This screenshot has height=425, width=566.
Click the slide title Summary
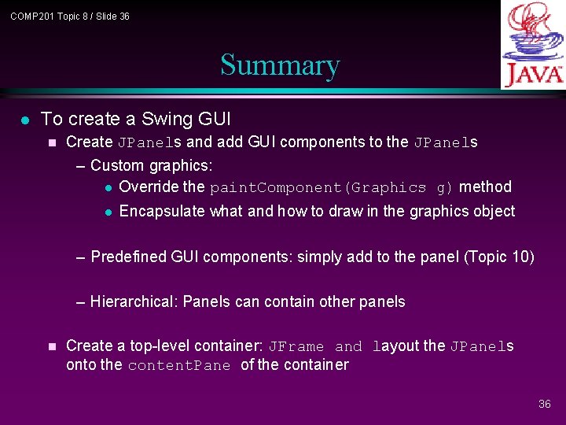coord(280,65)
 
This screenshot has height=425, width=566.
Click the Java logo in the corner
coord(533,45)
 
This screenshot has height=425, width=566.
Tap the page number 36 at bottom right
coord(544,404)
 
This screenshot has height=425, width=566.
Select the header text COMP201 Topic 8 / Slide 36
coord(70,17)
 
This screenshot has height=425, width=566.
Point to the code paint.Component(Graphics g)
coord(331,187)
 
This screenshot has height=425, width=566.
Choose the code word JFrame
coord(296,346)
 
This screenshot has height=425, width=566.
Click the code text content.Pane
coord(179,365)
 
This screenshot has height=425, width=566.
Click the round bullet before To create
coord(25,120)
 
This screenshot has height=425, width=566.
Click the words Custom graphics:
coord(152,165)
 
